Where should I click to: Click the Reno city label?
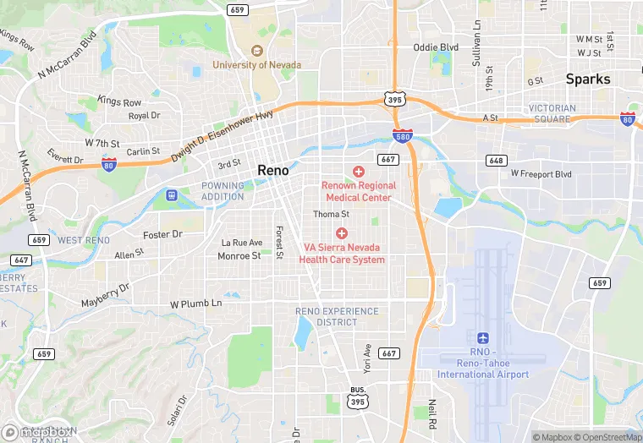click(272, 171)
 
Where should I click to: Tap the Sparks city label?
click(588, 79)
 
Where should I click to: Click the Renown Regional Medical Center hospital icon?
click(358, 172)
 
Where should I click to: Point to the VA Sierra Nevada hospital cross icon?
click(342, 232)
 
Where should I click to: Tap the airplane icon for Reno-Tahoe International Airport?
click(483, 337)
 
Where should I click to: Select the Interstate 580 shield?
click(404, 135)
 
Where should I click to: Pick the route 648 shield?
click(496, 160)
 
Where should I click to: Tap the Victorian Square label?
click(552, 113)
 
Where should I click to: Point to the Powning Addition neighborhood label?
click(223, 191)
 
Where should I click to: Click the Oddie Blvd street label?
click(436, 47)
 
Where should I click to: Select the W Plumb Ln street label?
click(195, 303)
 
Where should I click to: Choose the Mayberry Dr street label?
click(105, 295)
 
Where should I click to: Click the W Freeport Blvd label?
click(541, 174)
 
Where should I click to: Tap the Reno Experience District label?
click(337, 316)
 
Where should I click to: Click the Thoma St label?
click(332, 215)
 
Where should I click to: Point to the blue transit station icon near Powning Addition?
click(173, 194)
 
